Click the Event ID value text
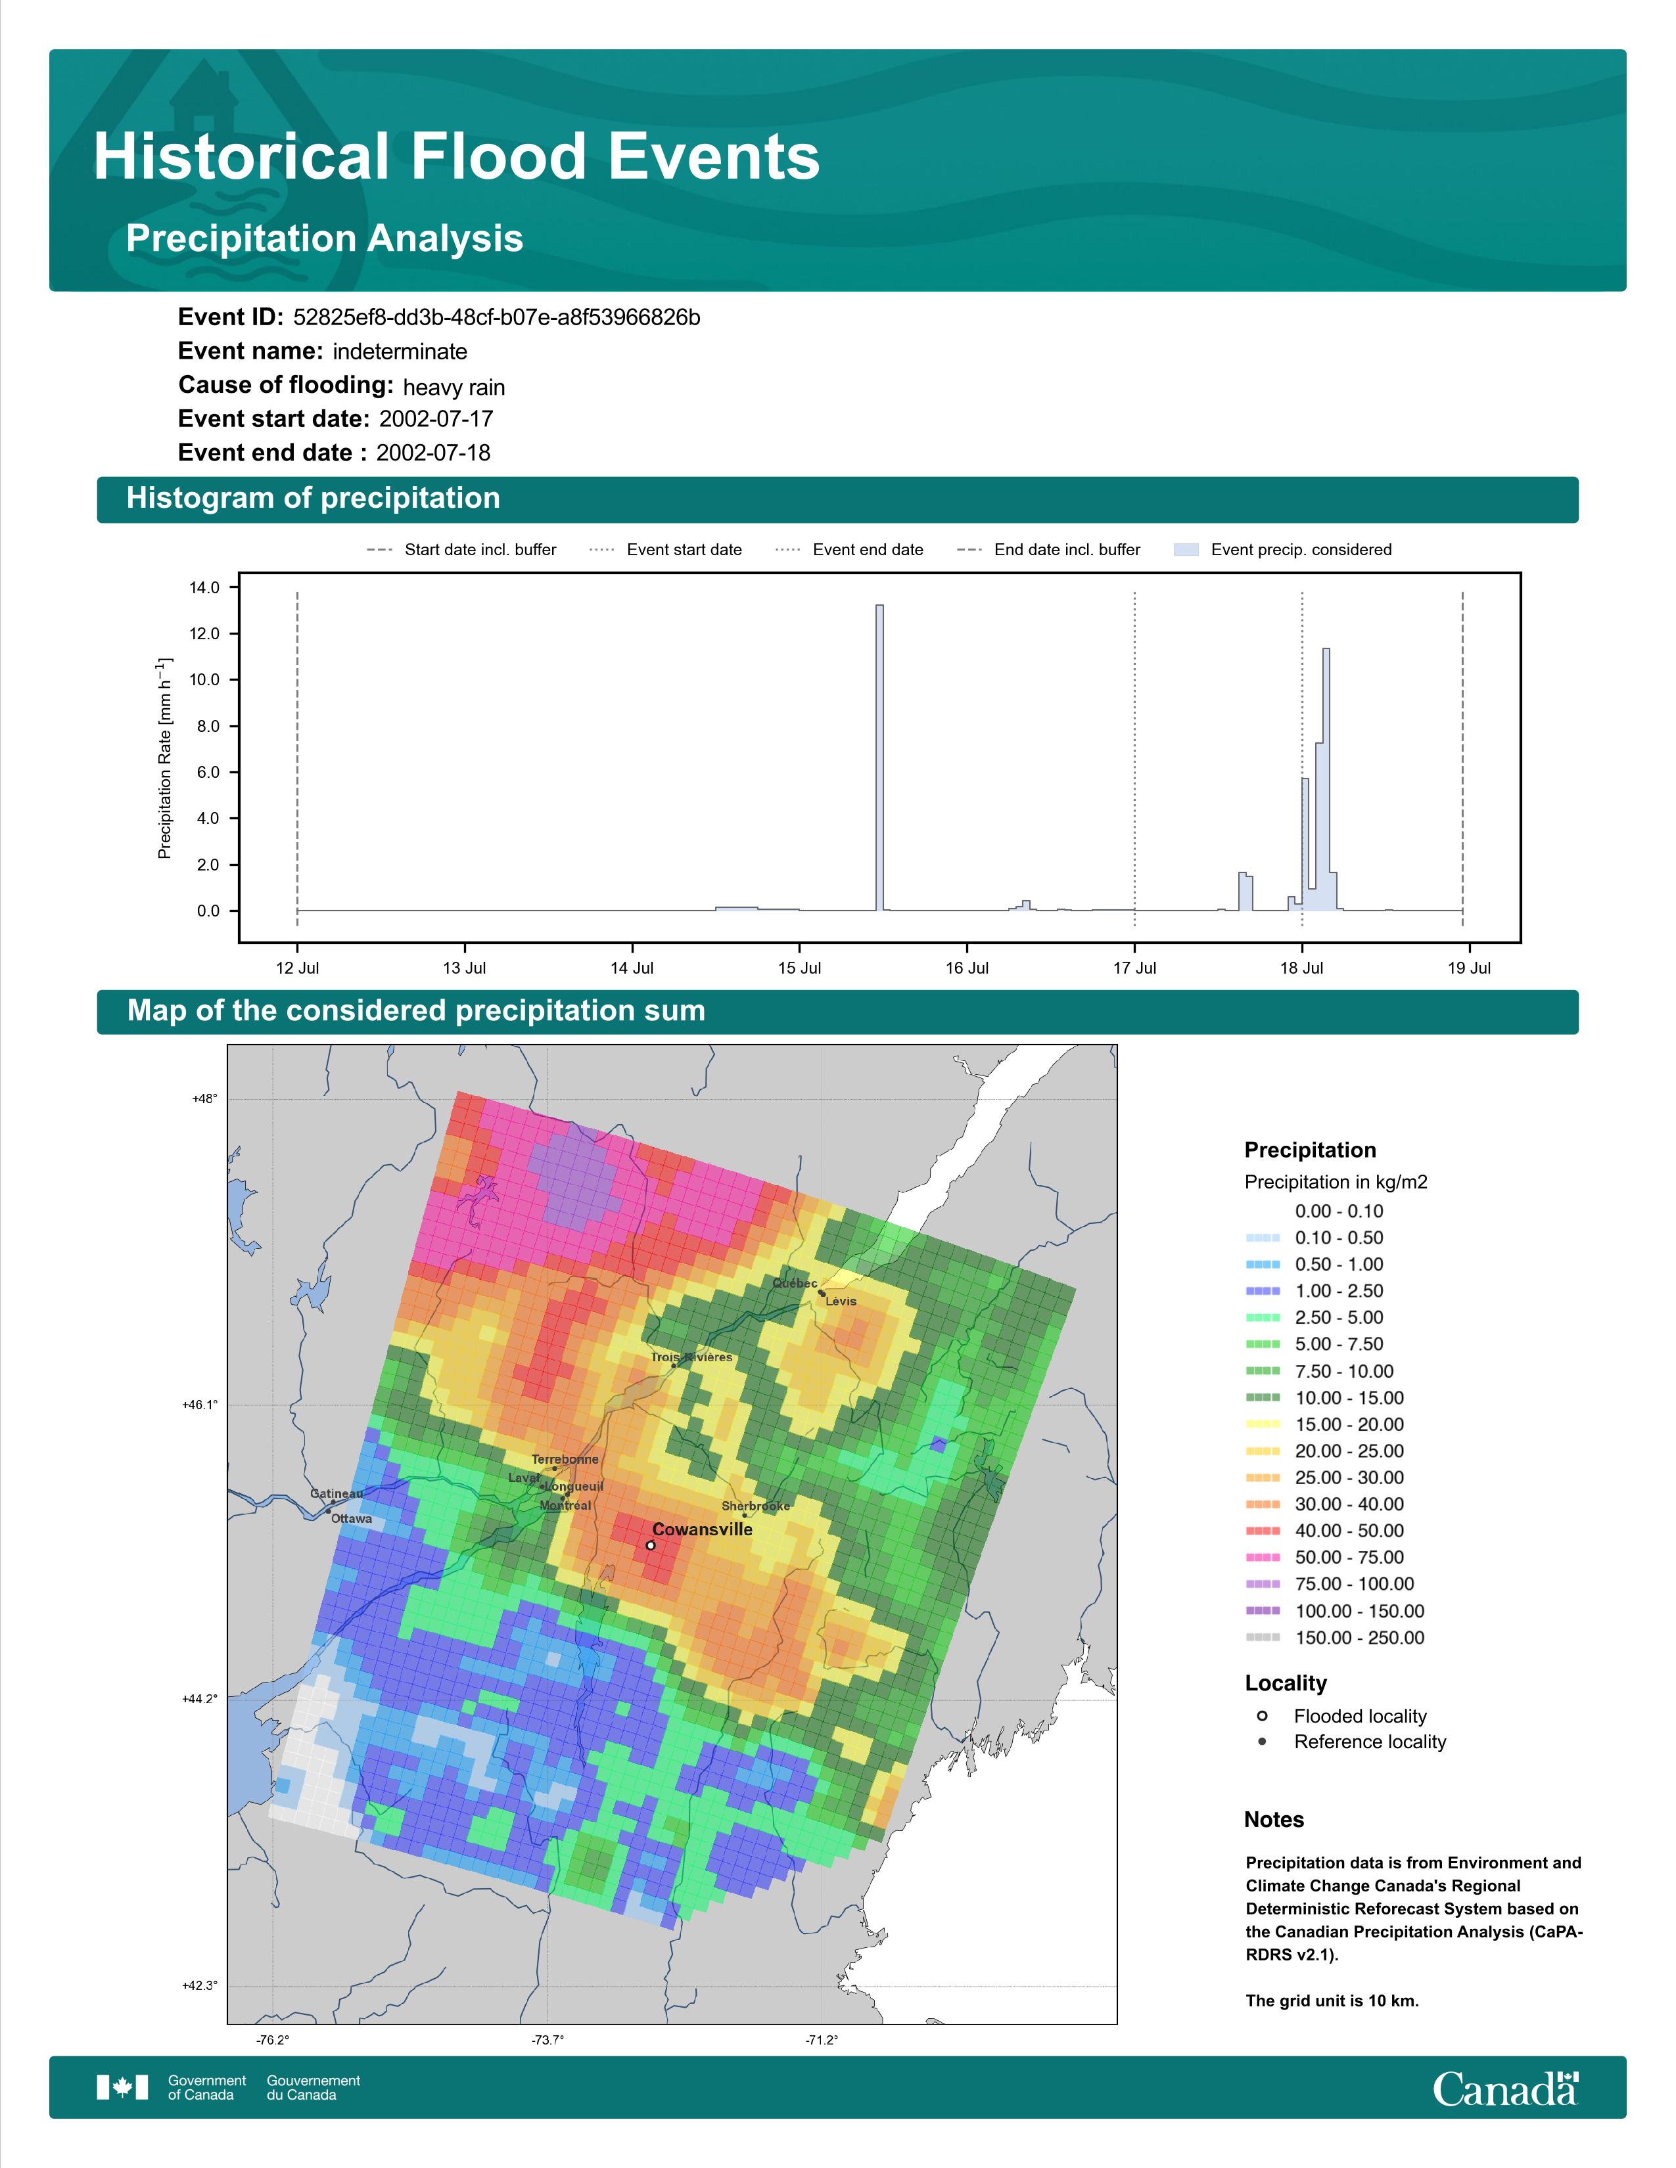496,318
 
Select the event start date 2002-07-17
436,419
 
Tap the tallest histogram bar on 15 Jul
879,757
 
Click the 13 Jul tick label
465,968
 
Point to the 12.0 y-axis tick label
204,633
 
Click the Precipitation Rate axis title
166,757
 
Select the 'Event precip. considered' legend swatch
1186,550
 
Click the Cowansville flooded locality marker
650,1546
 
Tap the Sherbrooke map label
756,1506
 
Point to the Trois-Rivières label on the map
692,1357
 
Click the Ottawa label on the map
352,1519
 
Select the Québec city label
795,1284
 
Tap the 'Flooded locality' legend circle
1262,1716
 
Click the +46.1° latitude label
200,1405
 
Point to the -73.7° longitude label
547,2040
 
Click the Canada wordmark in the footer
1505,2089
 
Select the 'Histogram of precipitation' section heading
313,499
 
